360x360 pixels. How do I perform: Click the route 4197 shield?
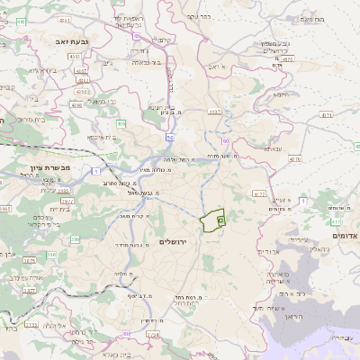213,111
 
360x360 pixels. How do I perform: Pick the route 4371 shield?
325,115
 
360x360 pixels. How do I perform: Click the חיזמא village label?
280,93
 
